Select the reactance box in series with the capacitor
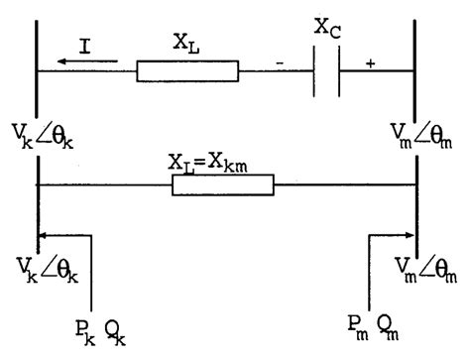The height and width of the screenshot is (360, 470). click(x=187, y=70)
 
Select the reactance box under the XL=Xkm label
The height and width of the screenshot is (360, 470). click(x=222, y=184)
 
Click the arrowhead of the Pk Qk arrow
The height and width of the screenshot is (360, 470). click(x=44, y=236)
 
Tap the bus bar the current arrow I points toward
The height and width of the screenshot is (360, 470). click(x=38, y=74)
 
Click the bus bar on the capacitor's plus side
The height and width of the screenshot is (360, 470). click(x=414, y=74)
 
